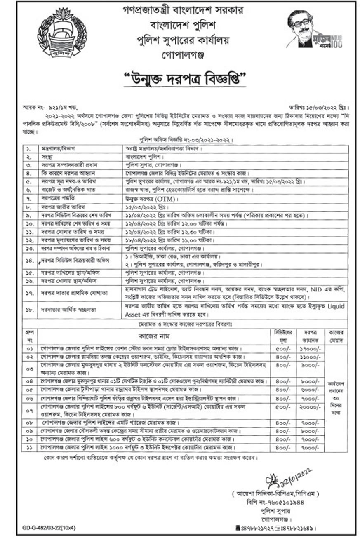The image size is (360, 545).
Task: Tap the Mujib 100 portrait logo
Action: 314,29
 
